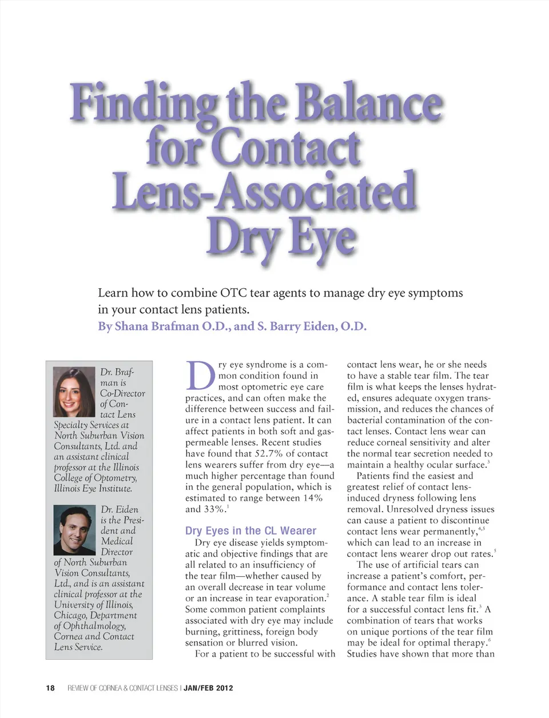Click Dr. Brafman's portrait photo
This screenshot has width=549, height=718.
click(x=74, y=392)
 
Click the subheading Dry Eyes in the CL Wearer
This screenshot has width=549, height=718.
click(x=250, y=530)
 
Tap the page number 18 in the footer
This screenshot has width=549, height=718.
click(x=50, y=688)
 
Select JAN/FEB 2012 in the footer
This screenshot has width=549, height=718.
click(x=208, y=688)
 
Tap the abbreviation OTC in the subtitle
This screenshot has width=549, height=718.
click(x=233, y=293)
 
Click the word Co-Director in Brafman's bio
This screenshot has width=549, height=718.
click(x=122, y=393)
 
